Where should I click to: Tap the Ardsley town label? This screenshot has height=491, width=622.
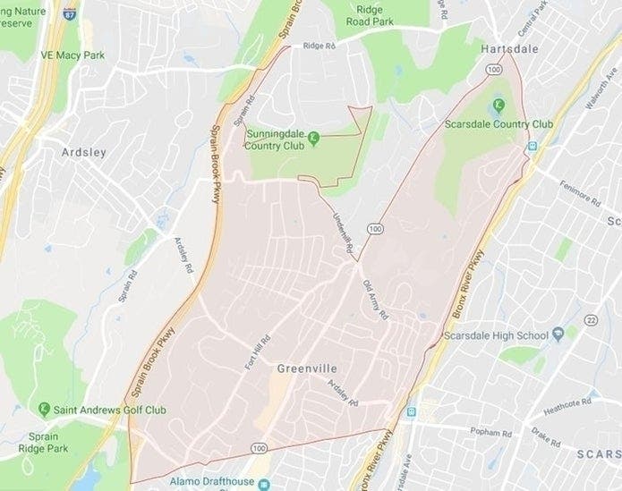click(83, 152)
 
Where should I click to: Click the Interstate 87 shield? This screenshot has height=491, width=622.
click(71, 14)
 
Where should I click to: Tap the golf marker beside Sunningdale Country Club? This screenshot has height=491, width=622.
click(314, 136)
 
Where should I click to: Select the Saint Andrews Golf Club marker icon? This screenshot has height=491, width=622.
click(43, 410)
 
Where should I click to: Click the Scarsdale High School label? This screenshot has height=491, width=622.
click(495, 336)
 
